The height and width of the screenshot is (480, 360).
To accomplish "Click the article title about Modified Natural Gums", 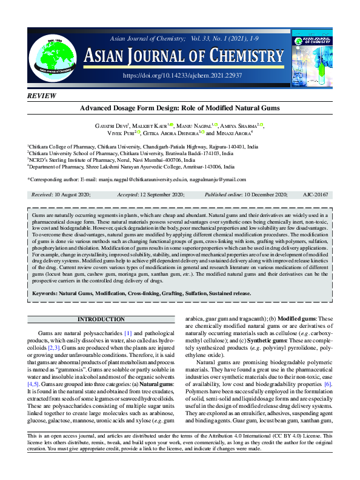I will (179, 108).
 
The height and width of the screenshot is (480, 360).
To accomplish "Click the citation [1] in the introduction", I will (128, 334).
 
